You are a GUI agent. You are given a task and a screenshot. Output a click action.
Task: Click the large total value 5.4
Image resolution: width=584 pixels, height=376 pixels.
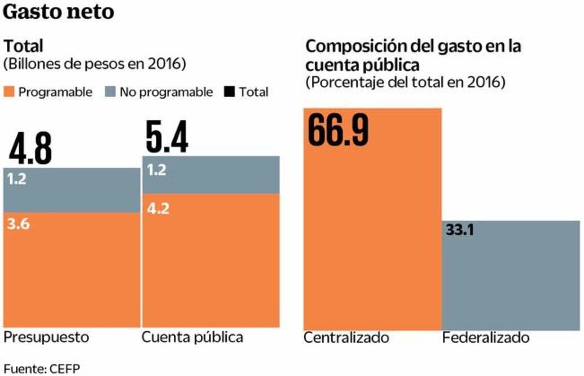click(167, 138)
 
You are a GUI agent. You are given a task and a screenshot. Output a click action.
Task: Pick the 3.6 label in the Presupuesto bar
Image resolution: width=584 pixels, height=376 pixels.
click(19, 224)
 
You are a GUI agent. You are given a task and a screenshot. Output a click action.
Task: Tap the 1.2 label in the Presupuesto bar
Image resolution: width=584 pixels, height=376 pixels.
click(17, 180)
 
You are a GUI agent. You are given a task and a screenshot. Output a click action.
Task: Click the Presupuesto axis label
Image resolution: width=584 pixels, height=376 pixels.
click(47, 338)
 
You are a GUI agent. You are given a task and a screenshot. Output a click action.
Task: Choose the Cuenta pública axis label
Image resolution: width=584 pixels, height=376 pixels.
click(192, 338)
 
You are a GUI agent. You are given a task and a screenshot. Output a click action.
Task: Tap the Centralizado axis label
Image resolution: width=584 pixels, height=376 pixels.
click(346, 338)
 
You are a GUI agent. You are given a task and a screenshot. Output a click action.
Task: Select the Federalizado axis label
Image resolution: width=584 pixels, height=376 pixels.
click(486, 338)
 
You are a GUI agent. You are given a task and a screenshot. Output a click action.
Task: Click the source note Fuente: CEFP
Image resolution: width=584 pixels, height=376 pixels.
click(42, 368)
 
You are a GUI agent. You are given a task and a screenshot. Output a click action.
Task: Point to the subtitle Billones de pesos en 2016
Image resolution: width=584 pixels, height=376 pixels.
click(95, 64)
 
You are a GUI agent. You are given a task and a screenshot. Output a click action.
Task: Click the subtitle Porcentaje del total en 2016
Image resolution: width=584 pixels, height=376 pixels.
click(405, 82)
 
